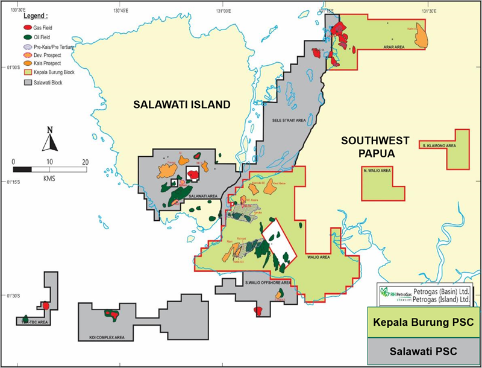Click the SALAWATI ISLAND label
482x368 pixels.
182,104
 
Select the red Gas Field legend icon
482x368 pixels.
28,28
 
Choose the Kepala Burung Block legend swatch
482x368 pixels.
28,72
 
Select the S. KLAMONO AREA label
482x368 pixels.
439,146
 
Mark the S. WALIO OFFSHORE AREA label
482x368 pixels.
268,282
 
